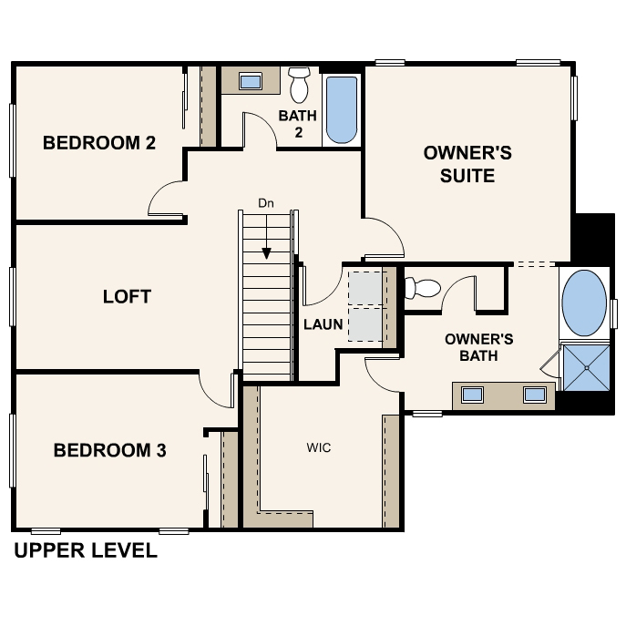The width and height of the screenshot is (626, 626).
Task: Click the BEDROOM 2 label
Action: [99, 143]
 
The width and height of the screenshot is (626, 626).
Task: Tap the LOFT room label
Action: [127, 297]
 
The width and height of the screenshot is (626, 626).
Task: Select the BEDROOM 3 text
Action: [109, 450]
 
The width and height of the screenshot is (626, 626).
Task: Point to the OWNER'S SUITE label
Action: [467, 164]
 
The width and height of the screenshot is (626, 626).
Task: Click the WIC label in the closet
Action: [319, 447]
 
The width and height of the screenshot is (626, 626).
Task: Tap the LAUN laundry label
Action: [323, 324]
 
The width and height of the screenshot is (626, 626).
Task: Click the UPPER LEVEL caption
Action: [86, 550]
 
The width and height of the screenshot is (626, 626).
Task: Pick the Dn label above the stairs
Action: [266, 203]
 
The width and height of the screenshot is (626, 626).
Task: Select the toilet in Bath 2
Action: [299, 85]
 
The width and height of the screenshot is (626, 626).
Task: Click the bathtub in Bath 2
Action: [342, 109]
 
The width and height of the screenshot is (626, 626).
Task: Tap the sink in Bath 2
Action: [251, 81]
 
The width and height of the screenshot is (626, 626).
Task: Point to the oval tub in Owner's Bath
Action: [584, 303]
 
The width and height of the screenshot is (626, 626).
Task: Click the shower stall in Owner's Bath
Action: [587, 368]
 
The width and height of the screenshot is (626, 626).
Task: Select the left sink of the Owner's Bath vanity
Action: [472, 395]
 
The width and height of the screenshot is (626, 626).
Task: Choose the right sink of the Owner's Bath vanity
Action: [535, 395]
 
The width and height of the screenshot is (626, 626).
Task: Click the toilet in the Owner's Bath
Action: [423, 287]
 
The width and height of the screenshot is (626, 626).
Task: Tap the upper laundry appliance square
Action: [365, 288]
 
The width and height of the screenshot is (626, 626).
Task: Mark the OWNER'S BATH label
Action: [478, 347]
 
